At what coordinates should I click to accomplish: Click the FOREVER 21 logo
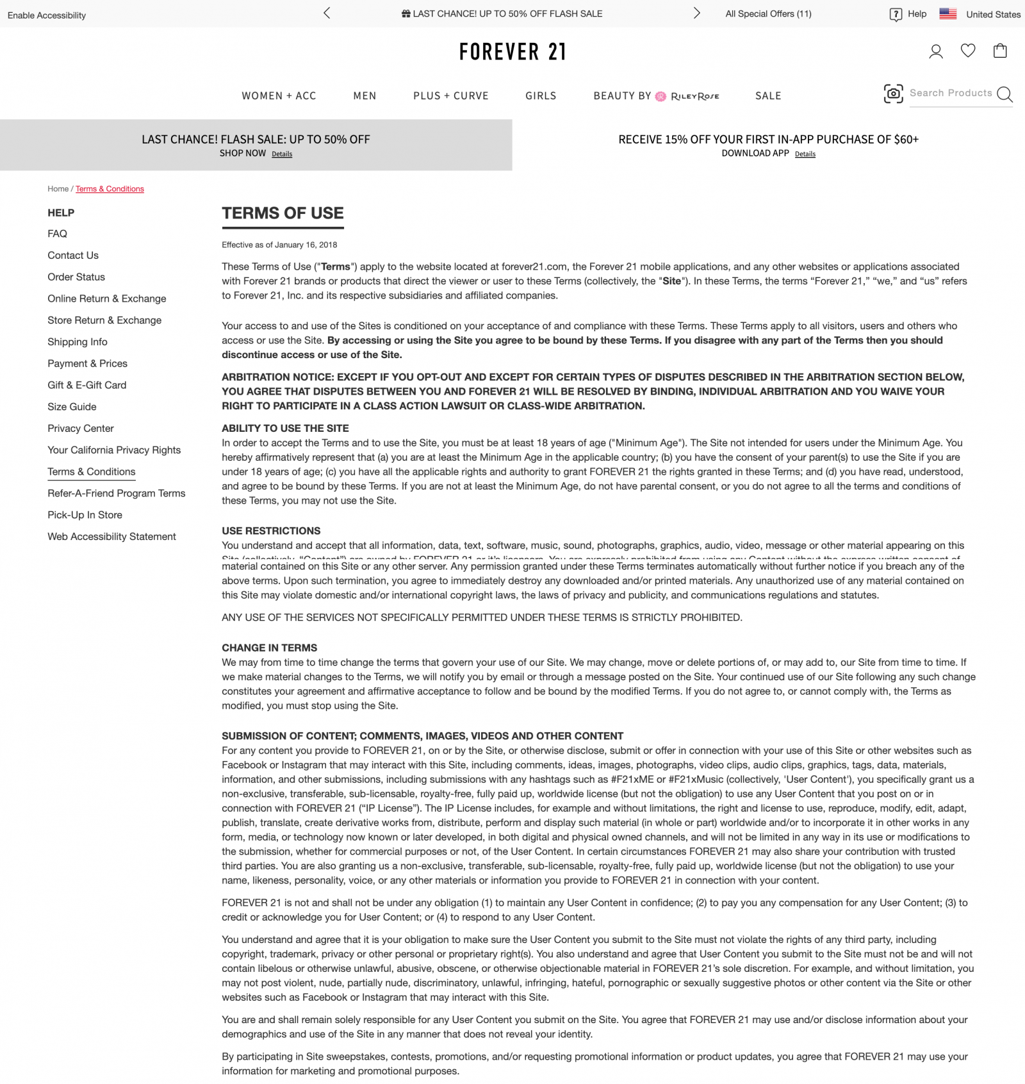(x=512, y=52)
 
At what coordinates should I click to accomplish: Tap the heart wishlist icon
(x=968, y=51)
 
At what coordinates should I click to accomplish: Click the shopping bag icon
(x=1000, y=51)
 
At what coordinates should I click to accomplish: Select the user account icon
(x=936, y=51)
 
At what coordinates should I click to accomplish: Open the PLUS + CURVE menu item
(x=451, y=96)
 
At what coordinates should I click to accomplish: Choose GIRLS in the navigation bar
(x=541, y=96)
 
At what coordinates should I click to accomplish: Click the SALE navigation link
(x=768, y=96)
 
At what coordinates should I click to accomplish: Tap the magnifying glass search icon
(x=1004, y=95)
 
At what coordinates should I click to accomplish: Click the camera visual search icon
(x=893, y=94)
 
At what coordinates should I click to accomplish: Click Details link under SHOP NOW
(x=282, y=154)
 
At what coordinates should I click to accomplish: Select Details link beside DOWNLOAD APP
(x=805, y=154)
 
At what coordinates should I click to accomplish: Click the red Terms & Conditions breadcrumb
(x=110, y=189)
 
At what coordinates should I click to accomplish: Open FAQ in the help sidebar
(x=57, y=234)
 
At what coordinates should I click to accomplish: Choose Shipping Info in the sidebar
(x=78, y=342)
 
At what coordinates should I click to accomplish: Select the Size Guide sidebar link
(x=72, y=407)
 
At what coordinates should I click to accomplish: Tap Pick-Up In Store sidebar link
(x=85, y=515)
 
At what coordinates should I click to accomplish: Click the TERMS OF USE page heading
(x=283, y=213)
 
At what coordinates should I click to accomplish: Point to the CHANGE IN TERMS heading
(x=270, y=648)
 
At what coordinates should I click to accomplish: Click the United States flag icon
(x=948, y=13)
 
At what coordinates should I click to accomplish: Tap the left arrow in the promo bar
(x=327, y=13)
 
